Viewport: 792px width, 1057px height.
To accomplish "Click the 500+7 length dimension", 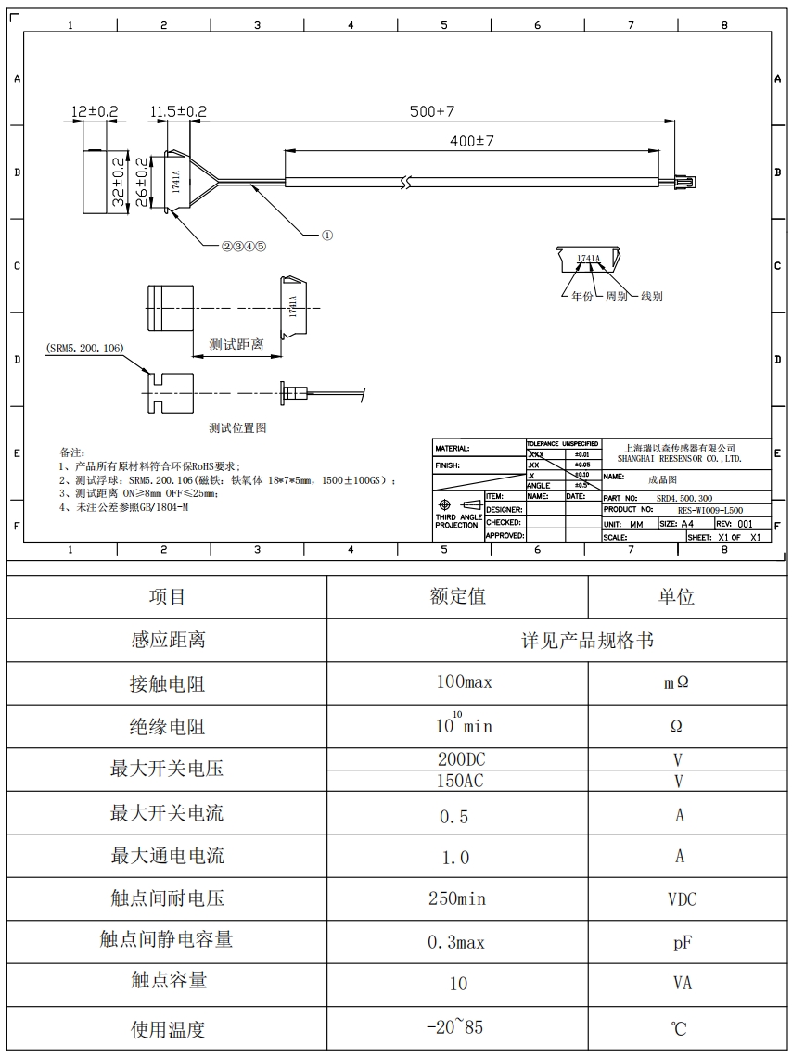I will pos(432,111).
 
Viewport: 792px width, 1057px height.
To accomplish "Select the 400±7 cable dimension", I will pos(472,141).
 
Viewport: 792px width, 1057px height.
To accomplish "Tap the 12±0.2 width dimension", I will pos(96,111).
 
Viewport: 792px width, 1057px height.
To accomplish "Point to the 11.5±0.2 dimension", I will pos(178,111).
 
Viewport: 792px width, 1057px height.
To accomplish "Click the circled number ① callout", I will pos(326,236).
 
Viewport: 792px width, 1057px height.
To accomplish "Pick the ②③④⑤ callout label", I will pos(243,247).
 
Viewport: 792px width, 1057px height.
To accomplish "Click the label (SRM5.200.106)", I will pos(84,348).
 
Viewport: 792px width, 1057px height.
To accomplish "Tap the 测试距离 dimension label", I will pos(236,345).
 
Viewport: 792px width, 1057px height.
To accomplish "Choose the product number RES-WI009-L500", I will pos(710,510).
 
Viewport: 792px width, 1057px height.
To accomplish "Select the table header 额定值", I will pos(457,596).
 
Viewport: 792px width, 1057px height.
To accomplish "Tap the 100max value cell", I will pos(464,682).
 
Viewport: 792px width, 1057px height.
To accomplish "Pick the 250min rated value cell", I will pos(456,898).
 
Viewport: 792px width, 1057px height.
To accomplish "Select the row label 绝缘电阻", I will pos(167,727).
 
